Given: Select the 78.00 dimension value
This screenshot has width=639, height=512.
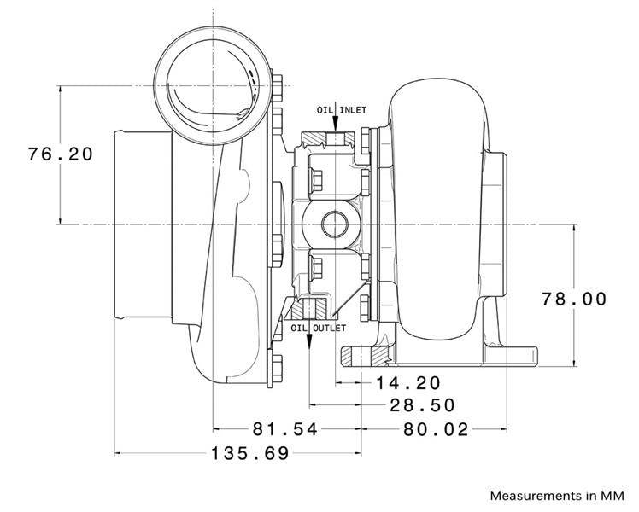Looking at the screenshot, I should pyautogui.click(x=575, y=299).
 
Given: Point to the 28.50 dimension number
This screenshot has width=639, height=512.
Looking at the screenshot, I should pyautogui.click(x=422, y=405).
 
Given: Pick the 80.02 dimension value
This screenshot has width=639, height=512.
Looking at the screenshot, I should pyautogui.click(x=437, y=429).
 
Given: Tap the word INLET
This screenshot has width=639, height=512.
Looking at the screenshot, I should pyautogui.click(x=353, y=110).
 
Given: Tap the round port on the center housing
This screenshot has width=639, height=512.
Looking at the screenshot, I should pyautogui.click(x=333, y=224).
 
